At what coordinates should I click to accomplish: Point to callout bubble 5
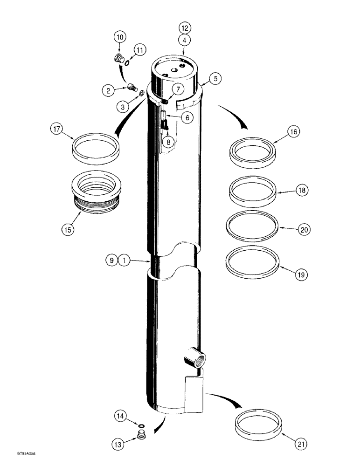[215, 79]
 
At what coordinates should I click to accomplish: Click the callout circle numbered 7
[179, 89]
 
